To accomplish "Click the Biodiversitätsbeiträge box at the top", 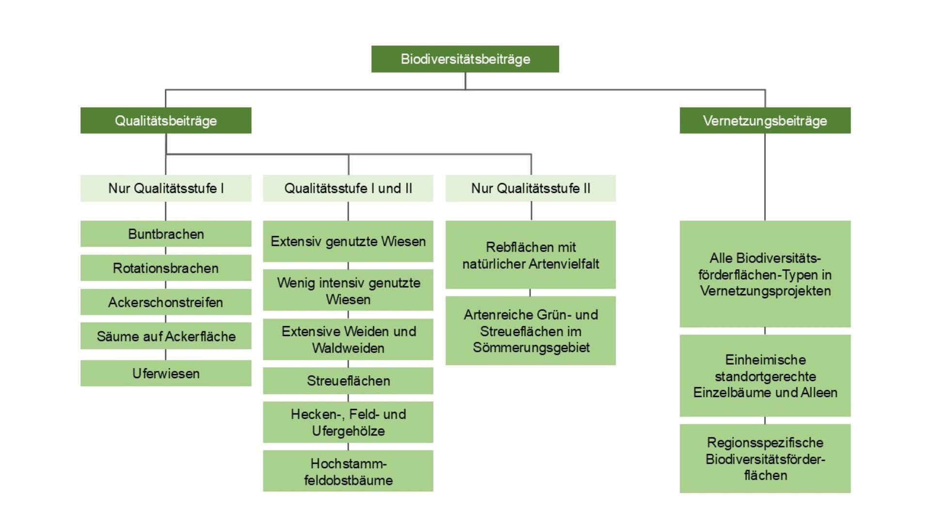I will coord(465,59).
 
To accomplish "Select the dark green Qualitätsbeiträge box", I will coord(166,121).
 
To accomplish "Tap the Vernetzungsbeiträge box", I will coord(765,121).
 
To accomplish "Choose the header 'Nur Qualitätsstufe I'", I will coord(166,188).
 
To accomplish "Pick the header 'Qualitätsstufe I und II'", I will coord(348,188).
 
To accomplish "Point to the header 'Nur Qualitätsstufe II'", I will coord(530,188).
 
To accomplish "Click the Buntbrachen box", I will coord(166,234).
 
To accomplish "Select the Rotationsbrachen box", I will coord(166,268).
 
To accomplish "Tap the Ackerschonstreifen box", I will coord(166,302).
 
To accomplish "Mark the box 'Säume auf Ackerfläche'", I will coord(166,336).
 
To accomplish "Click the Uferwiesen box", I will coord(166,373).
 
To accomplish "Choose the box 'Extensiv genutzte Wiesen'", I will coord(348,241).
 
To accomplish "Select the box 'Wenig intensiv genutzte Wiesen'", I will coord(348,291).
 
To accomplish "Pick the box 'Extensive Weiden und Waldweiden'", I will coord(348,339).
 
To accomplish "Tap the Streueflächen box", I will coord(348,381).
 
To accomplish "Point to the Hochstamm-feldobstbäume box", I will coord(348,471).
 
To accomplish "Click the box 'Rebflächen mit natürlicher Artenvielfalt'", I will coord(530,255).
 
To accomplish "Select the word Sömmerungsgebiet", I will coord(531,348).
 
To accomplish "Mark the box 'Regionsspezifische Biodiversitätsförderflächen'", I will coord(765,459).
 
